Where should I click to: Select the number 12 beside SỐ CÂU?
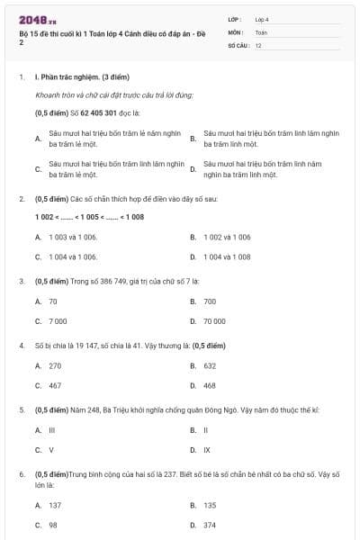258,44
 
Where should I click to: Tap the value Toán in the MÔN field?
261,31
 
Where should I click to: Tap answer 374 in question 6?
210,524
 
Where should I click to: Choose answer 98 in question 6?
53,524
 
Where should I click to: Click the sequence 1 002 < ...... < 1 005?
76,217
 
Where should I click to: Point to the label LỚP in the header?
235,18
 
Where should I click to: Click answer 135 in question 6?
210,505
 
